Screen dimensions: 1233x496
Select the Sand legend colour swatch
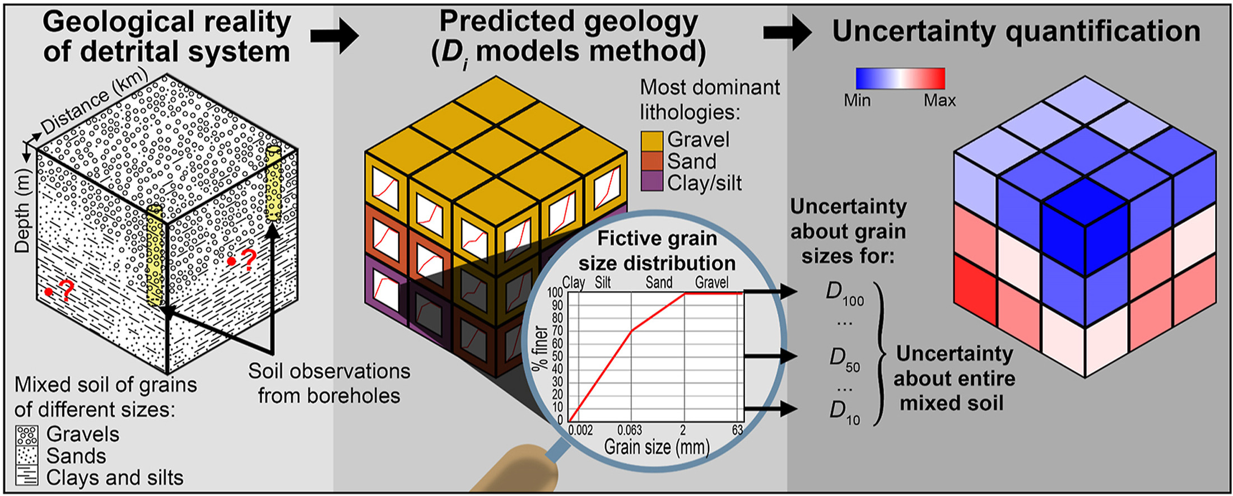click(x=652, y=161)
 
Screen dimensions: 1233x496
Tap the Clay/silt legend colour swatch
click(x=652, y=182)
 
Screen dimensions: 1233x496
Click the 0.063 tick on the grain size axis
click(x=630, y=430)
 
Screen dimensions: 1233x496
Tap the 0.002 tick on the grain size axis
click(x=580, y=430)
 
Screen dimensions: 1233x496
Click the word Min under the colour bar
click(x=857, y=100)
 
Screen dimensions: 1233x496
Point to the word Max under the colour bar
click(x=939, y=100)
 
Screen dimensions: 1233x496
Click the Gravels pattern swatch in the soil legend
click(x=27, y=435)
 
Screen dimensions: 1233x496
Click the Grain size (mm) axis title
click(x=657, y=447)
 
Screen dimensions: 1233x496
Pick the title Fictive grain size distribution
click(x=657, y=250)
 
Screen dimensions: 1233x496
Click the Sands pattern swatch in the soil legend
click(x=27, y=456)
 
